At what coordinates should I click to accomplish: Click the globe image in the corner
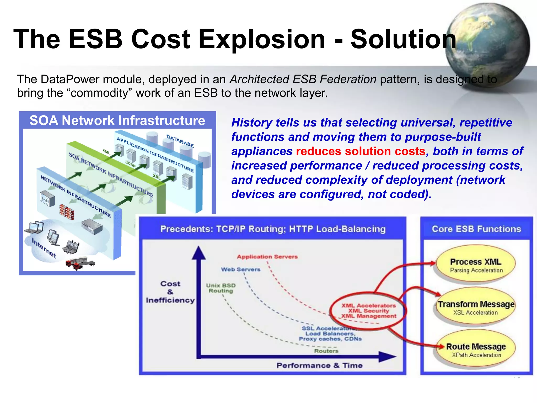(488, 45)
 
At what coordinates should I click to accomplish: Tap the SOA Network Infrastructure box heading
(117, 120)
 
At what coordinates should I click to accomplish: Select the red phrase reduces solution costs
(361, 151)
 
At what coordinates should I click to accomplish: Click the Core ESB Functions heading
(476, 229)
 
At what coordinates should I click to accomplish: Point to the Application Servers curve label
(267, 257)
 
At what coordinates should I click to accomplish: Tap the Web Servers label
(241, 269)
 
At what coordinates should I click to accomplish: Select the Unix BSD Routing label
(221, 288)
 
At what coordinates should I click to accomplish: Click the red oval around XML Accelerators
(368, 311)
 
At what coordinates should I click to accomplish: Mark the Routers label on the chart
(326, 351)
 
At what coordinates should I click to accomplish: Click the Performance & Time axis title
(319, 365)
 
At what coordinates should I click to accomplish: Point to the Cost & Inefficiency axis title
(170, 292)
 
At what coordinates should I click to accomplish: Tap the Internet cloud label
(44, 248)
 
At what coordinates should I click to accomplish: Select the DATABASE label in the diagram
(180, 141)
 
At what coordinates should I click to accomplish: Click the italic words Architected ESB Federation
(303, 79)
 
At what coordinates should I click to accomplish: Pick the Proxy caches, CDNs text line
(330, 339)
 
